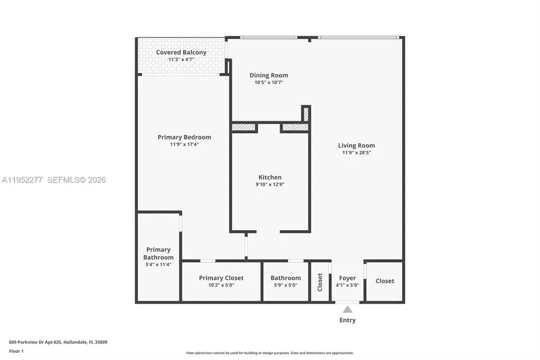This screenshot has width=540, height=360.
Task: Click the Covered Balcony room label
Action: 181,52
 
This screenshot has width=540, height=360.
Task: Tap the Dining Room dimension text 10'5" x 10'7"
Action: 269,83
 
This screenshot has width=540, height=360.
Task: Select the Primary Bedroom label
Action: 184,137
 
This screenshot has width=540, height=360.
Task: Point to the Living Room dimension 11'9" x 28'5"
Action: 356,153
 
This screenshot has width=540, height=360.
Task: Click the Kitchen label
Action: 270,177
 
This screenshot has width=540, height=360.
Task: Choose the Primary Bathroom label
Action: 158,253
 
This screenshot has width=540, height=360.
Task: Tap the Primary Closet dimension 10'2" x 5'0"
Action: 221,286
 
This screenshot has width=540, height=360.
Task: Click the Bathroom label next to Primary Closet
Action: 286,278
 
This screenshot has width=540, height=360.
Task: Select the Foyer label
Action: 347,278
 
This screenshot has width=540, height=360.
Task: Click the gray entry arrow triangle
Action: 347,310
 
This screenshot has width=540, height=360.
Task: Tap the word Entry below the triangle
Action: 347,320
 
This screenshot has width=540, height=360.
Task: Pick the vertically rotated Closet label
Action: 320,281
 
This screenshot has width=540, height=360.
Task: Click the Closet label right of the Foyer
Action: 385,281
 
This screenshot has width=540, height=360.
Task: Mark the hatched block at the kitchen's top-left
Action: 244,127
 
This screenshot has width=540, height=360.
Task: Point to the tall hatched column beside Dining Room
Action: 305,113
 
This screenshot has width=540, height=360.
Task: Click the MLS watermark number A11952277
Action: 23,180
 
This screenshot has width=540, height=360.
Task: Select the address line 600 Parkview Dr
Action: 58,342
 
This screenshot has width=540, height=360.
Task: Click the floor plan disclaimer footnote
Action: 269,353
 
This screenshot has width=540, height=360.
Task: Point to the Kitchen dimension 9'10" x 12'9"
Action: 270,185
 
